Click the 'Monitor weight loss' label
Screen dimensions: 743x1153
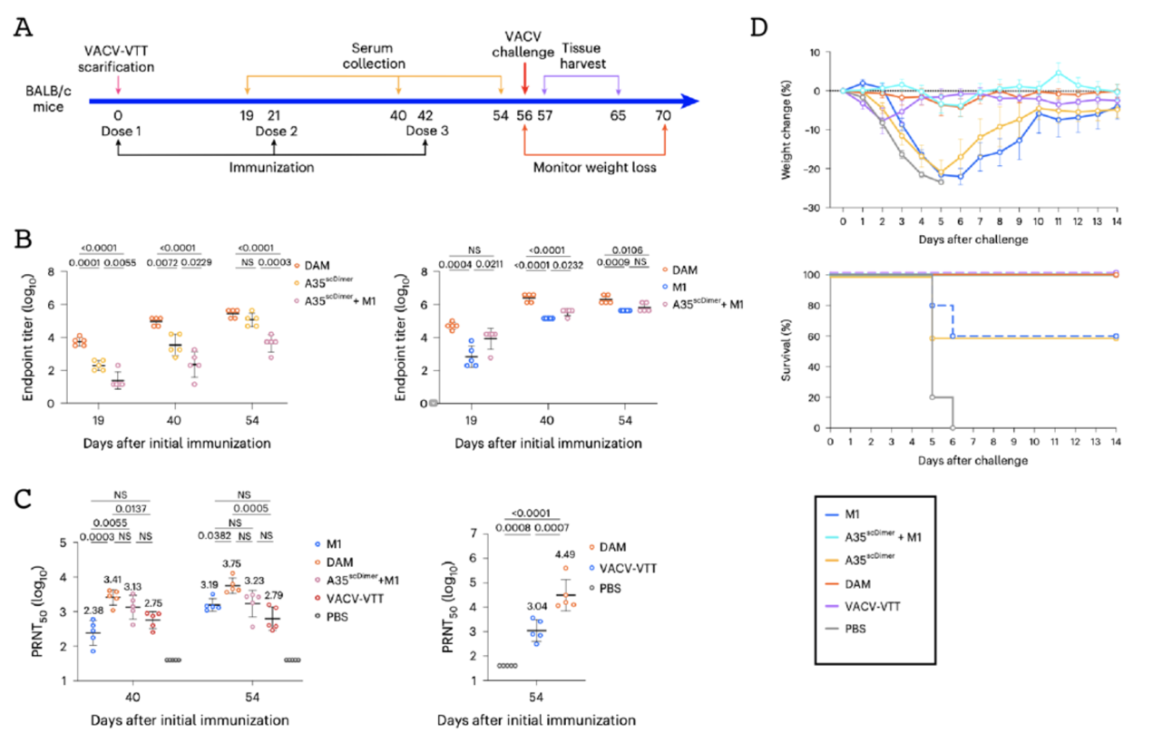594,168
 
